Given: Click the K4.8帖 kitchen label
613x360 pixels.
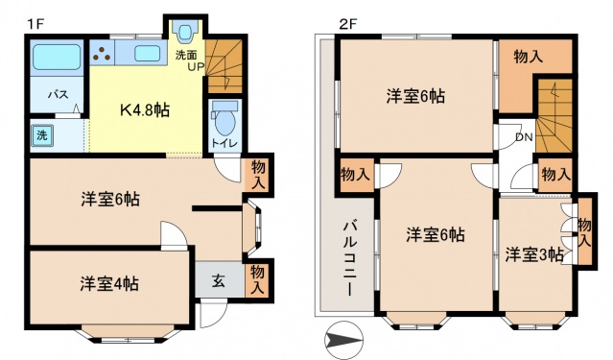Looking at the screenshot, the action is pyautogui.click(x=145, y=110).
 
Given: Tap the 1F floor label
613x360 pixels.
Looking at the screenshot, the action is pyautogui.click(x=35, y=24).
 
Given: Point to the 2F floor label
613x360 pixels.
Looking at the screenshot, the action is pyautogui.click(x=347, y=24).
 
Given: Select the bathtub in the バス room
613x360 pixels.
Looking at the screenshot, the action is pyautogui.click(x=57, y=57).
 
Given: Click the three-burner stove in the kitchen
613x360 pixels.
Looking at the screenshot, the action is pyautogui.click(x=102, y=53).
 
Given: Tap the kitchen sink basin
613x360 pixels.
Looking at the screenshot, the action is pyautogui.click(x=148, y=53).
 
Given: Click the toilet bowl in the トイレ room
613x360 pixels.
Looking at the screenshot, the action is pyautogui.click(x=225, y=119).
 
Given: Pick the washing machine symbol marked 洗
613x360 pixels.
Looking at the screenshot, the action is pyautogui.click(x=42, y=135).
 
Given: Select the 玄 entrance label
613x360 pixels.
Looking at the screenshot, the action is pyautogui.click(x=219, y=281).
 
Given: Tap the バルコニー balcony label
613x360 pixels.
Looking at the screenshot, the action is pyautogui.click(x=350, y=258).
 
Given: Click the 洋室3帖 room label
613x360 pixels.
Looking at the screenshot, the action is pyautogui.click(x=534, y=254).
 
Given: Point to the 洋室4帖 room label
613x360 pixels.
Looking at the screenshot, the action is pyautogui.click(x=109, y=284).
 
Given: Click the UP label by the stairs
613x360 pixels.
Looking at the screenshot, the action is pyautogui.click(x=196, y=67).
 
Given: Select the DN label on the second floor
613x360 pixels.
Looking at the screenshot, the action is pyautogui.click(x=524, y=137).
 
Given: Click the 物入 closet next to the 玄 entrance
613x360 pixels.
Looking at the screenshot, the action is pyautogui.click(x=257, y=279).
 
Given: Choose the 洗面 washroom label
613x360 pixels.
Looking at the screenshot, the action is pyautogui.click(x=186, y=55).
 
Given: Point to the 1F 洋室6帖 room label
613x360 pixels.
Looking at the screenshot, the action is pyautogui.click(x=110, y=200).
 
